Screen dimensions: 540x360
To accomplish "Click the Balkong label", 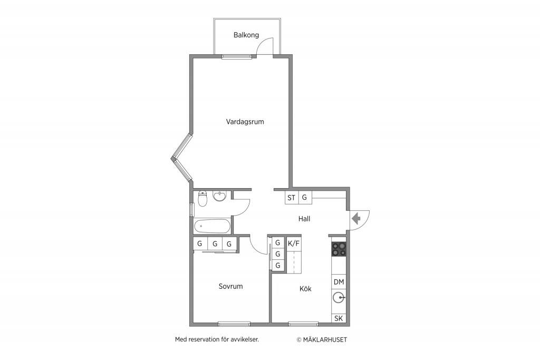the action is coord(246,35).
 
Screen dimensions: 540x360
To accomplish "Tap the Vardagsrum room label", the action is coord(245,121).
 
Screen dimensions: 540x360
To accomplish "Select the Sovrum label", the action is coord(230,286).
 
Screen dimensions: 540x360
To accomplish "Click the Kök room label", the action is coord(305,288).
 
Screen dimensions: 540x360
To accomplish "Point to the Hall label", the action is coord(304,219).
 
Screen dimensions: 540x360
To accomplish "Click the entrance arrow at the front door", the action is coord(356,218).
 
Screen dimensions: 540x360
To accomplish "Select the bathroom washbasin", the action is coord(219,196).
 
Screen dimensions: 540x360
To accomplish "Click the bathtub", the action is coord(212,227).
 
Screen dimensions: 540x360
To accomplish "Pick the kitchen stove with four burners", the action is coord(339,249).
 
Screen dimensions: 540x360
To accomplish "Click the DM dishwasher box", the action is coord(339,282).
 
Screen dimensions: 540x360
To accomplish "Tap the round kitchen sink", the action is coord(339,297).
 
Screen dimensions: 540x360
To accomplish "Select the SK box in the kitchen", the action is coord(339,318).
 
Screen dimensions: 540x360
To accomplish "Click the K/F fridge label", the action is coord(294,244).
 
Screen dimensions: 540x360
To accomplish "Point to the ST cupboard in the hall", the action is coord(291,198).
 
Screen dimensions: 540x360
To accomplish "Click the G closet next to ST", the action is coord(304,198).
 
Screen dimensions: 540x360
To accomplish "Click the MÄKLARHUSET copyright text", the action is coord(322,339).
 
